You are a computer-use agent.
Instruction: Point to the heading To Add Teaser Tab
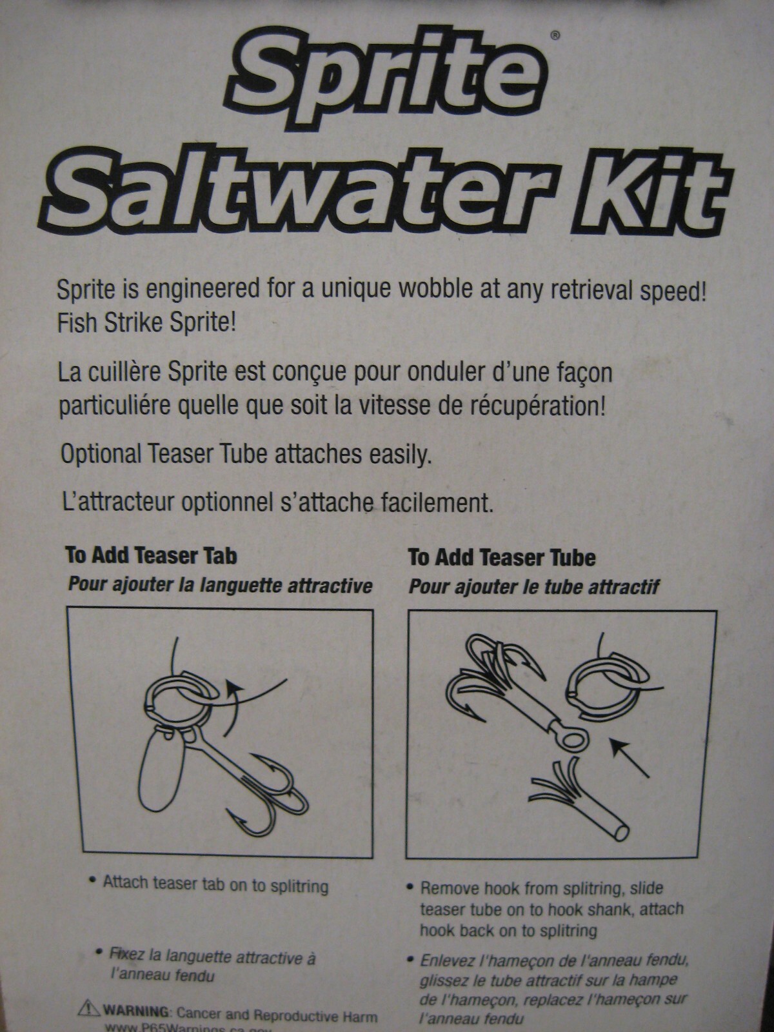[x=151, y=555]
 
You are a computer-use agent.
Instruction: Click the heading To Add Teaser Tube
[x=501, y=557]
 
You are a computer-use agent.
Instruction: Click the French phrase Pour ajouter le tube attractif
[x=533, y=588]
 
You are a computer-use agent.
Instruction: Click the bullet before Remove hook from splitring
[x=411, y=888]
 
